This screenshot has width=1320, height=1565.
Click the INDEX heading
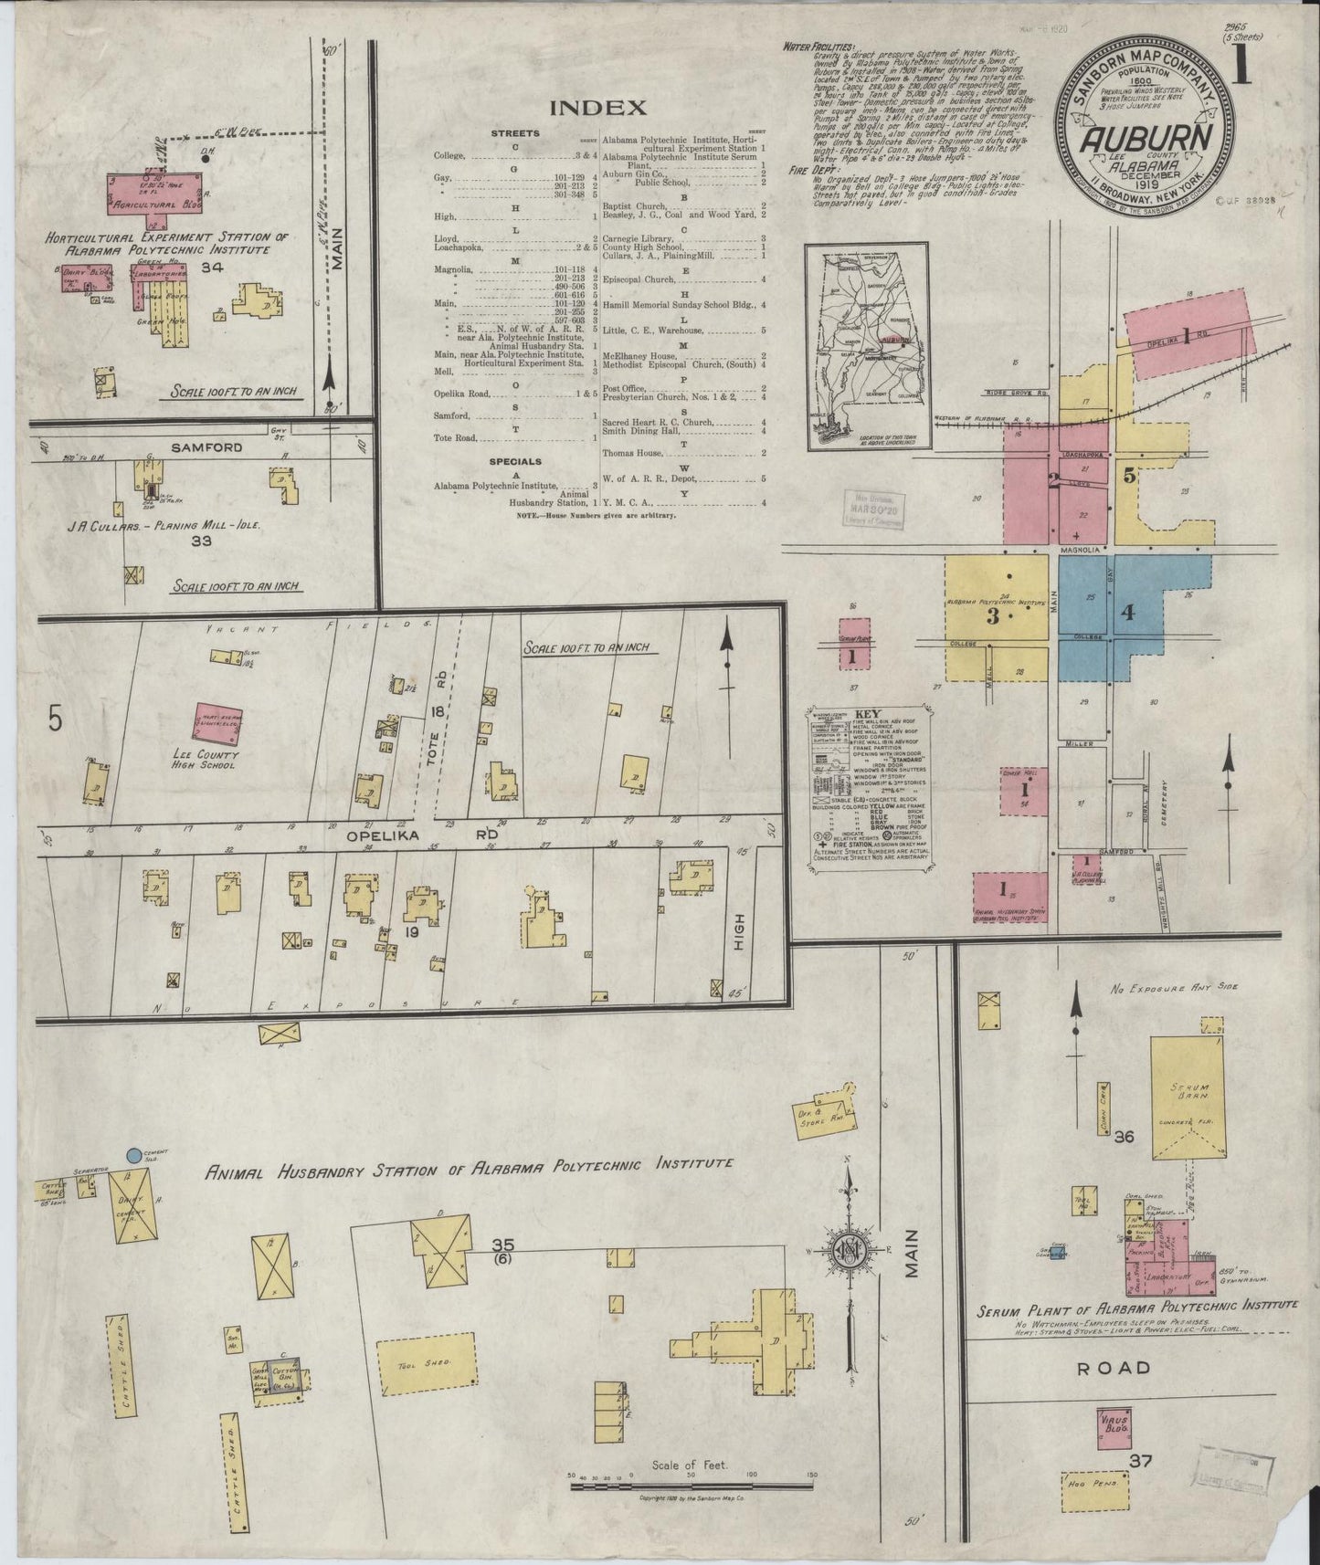(x=597, y=108)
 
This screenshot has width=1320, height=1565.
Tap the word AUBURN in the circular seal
(x=1148, y=140)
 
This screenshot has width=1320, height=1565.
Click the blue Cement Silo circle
(x=135, y=1155)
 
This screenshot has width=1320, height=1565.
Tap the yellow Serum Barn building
(x=1188, y=1100)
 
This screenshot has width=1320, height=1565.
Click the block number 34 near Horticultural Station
(x=215, y=268)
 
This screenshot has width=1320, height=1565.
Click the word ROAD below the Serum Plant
(x=1102, y=1367)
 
